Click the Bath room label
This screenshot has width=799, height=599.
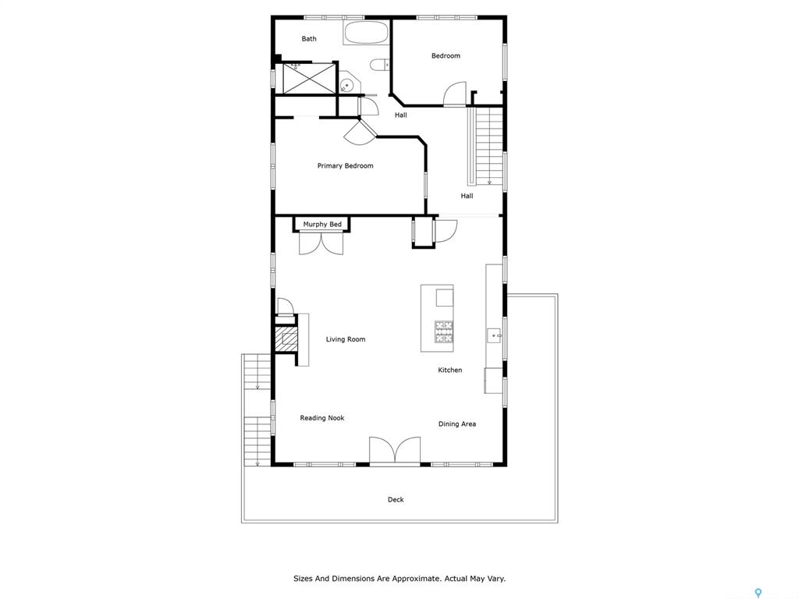(x=309, y=39)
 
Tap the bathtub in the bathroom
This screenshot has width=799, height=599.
(x=366, y=33)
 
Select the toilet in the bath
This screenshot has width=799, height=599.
(x=379, y=65)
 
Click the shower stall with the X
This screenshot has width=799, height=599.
(x=309, y=77)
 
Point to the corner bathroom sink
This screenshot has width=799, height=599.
(x=347, y=83)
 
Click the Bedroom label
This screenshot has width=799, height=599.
(x=446, y=55)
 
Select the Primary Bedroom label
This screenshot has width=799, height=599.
(x=345, y=165)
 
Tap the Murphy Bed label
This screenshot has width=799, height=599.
(x=322, y=224)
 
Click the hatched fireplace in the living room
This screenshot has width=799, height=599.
(x=286, y=338)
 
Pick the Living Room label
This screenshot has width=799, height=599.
(x=346, y=339)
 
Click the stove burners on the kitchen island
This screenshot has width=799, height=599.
(x=444, y=331)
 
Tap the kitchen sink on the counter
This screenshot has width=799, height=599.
(x=494, y=335)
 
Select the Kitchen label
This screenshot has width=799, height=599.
(x=450, y=370)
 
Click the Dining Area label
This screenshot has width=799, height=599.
(x=457, y=424)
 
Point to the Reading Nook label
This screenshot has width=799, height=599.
(x=322, y=418)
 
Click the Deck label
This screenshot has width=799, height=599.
(x=396, y=500)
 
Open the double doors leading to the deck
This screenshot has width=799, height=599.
(x=395, y=451)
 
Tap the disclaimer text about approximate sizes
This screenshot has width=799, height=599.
(x=399, y=579)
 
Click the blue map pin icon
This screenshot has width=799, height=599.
(x=758, y=593)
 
